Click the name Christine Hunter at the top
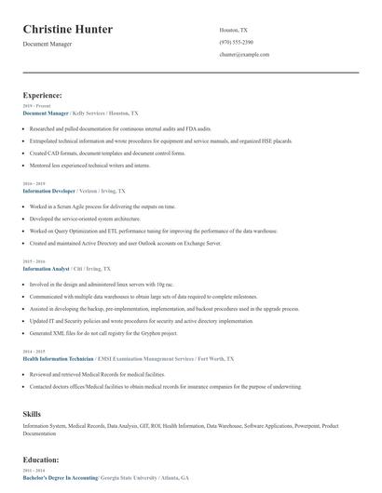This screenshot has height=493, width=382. [x=67, y=30]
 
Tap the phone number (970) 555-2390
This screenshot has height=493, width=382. [x=236, y=42]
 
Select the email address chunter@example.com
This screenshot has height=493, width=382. [x=244, y=54]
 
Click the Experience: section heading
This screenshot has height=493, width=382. [x=43, y=95]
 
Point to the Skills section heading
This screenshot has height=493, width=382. [x=33, y=412]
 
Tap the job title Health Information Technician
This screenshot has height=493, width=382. [x=68, y=358]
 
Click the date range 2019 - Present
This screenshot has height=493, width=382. [x=35, y=105]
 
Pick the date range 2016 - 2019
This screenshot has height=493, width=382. [x=34, y=183]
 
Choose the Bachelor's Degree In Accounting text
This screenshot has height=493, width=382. [x=61, y=476]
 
